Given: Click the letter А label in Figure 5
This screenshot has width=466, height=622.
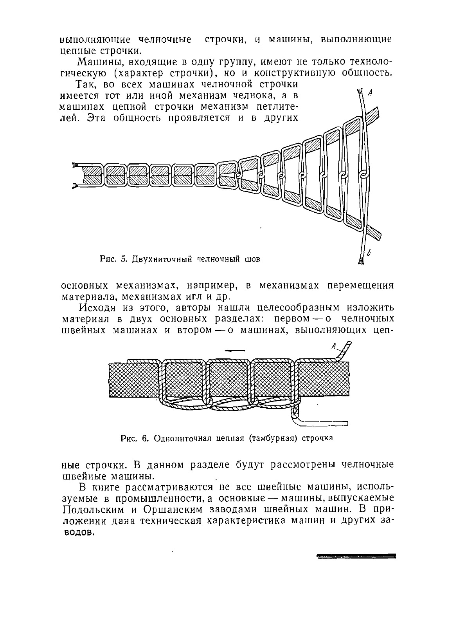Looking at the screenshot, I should (370, 93).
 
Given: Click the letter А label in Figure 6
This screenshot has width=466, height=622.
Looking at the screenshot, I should (333, 346).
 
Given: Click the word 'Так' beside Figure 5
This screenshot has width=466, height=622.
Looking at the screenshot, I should (86, 85).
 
